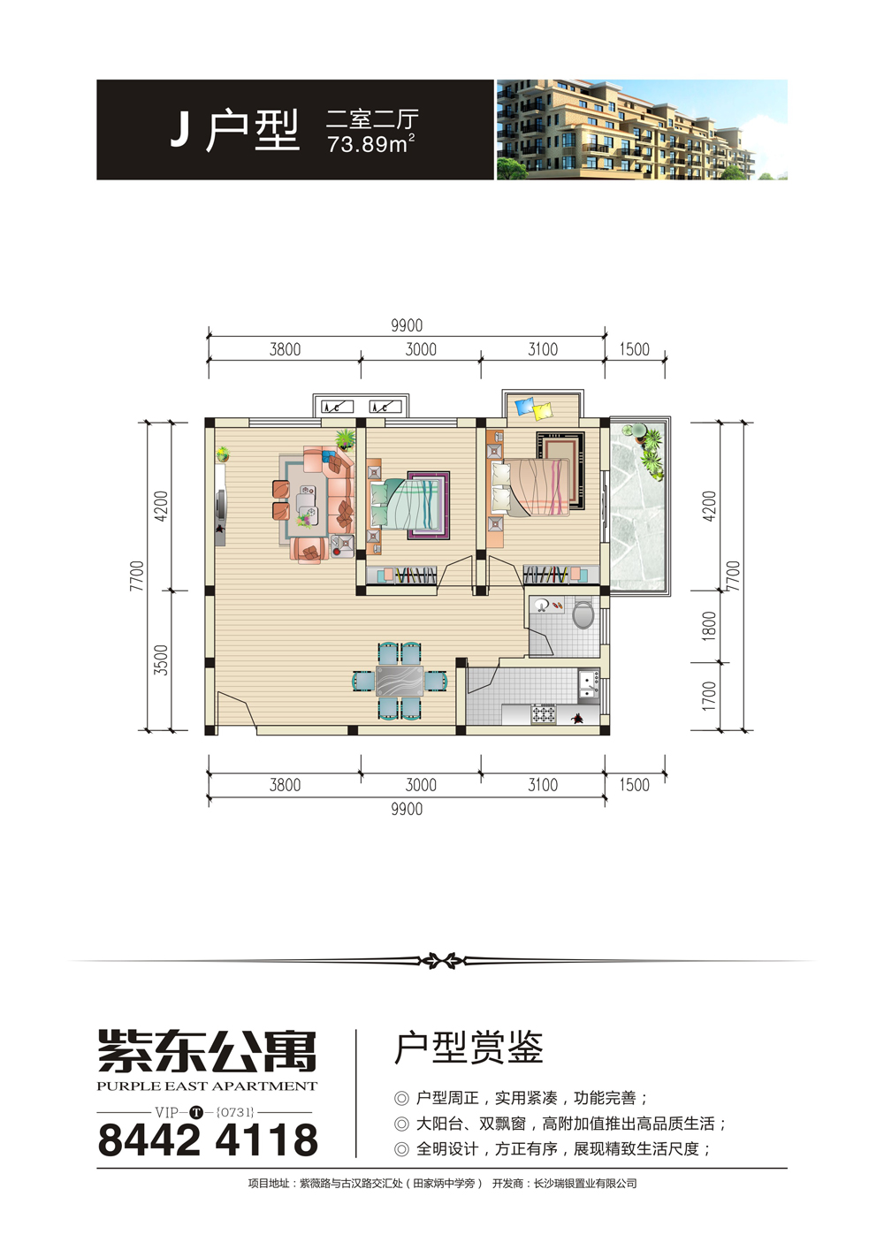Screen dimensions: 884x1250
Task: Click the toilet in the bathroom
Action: [583, 614]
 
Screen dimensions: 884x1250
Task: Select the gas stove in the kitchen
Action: [543, 713]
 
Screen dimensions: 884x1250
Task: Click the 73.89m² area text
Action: [370, 144]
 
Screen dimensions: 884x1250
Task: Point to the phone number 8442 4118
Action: [208, 1140]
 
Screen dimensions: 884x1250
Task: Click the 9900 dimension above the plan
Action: [407, 325]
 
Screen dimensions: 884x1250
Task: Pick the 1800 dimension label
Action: [709, 626]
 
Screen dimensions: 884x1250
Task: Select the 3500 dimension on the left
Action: [161, 659]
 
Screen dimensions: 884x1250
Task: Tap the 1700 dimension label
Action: [709, 696]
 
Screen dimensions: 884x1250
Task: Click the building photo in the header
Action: [642, 129]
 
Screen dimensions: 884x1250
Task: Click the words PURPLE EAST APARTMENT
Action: [207, 1086]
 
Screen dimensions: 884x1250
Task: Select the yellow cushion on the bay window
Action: [542, 410]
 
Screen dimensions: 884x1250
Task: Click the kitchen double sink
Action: [588, 685]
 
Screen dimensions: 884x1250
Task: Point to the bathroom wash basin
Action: [541, 605]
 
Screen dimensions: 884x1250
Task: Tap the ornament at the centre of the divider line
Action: [441, 961]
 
